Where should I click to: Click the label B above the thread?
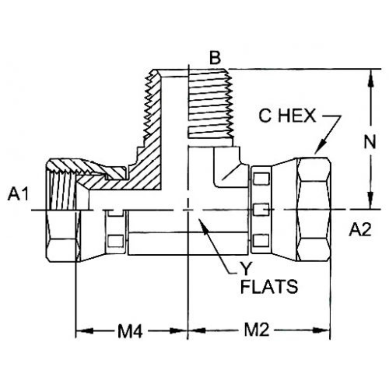[x=215, y=58]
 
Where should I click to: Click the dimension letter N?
[x=370, y=143]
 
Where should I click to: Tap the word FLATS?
[x=269, y=287]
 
